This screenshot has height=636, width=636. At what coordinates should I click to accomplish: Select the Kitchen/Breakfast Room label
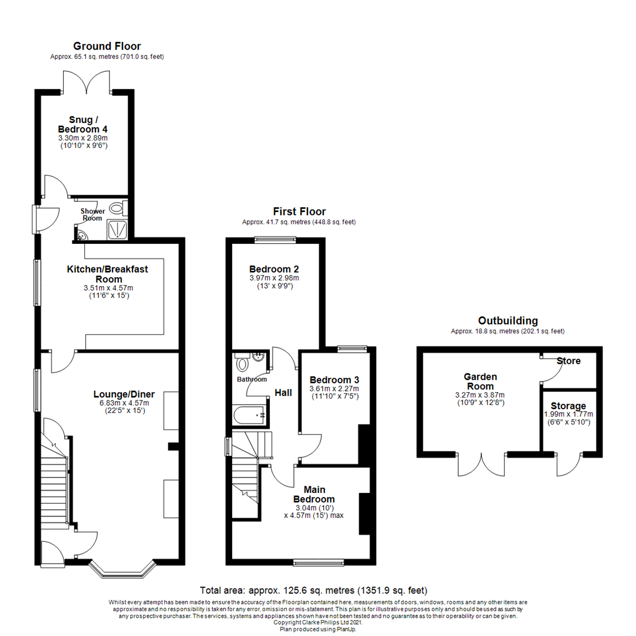107,274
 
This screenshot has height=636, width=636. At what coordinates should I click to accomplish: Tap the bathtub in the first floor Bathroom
250,416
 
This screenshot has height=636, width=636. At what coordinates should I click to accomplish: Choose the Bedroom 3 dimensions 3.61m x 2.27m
334,389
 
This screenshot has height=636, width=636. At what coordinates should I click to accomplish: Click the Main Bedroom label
319,494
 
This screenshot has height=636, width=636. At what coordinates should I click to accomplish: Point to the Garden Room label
480,381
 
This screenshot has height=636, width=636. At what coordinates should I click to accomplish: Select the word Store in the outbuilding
569,360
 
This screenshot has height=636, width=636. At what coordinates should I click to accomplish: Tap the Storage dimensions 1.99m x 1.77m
568,414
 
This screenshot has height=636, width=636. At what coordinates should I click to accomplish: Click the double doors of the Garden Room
482,463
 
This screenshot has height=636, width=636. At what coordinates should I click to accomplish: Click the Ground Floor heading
107,46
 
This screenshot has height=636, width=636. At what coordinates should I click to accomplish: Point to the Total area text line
313,590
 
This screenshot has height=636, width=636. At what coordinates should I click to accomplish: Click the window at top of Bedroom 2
274,239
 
